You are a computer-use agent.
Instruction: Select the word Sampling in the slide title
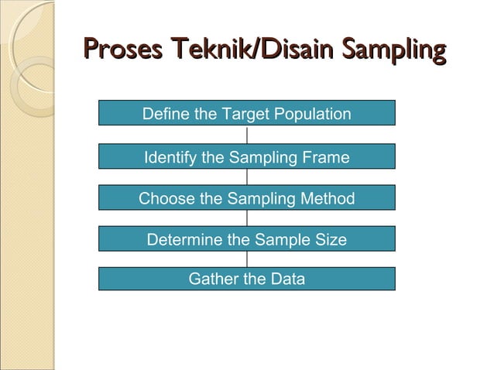click(x=395, y=51)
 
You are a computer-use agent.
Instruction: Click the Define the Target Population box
click(x=246, y=114)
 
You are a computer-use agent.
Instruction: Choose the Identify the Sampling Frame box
click(x=246, y=157)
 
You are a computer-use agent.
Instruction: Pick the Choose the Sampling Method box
click(x=246, y=198)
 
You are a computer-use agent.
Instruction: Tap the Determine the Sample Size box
click(x=246, y=239)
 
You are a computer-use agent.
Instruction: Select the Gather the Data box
click(x=246, y=279)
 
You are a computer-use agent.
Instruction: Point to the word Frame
click(x=326, y=158)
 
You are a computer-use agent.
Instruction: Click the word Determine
click(x=184, y=240)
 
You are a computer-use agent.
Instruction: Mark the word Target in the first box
click(x=244, y=115)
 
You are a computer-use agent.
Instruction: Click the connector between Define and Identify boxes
click(x=247, y=135)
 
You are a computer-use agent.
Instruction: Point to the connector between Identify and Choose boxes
click(x=247, y=177)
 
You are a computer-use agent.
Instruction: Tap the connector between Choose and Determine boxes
click(x=247, y=218)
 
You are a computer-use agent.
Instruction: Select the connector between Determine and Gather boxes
click(x=247, y=259)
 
